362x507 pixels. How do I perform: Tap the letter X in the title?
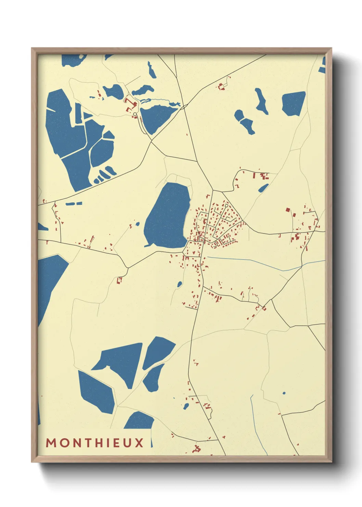point(139,443)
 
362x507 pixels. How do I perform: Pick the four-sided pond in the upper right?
point(293,103)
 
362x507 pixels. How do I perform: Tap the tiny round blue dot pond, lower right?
point(284,393)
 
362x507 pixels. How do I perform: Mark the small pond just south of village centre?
point(179,284)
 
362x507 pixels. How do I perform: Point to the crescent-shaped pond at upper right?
point(261,101)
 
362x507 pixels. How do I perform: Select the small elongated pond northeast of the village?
point(263,188)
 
